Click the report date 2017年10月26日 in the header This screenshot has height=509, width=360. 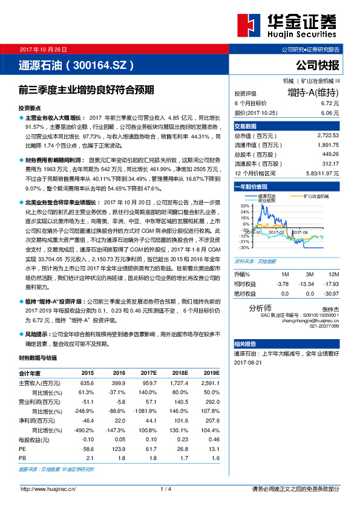[x=45, y=48]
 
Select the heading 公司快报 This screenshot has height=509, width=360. [x=318, y=65]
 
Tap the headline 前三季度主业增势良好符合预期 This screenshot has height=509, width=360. [x=87, y=89]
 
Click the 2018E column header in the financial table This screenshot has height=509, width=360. [x=181, y=373]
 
